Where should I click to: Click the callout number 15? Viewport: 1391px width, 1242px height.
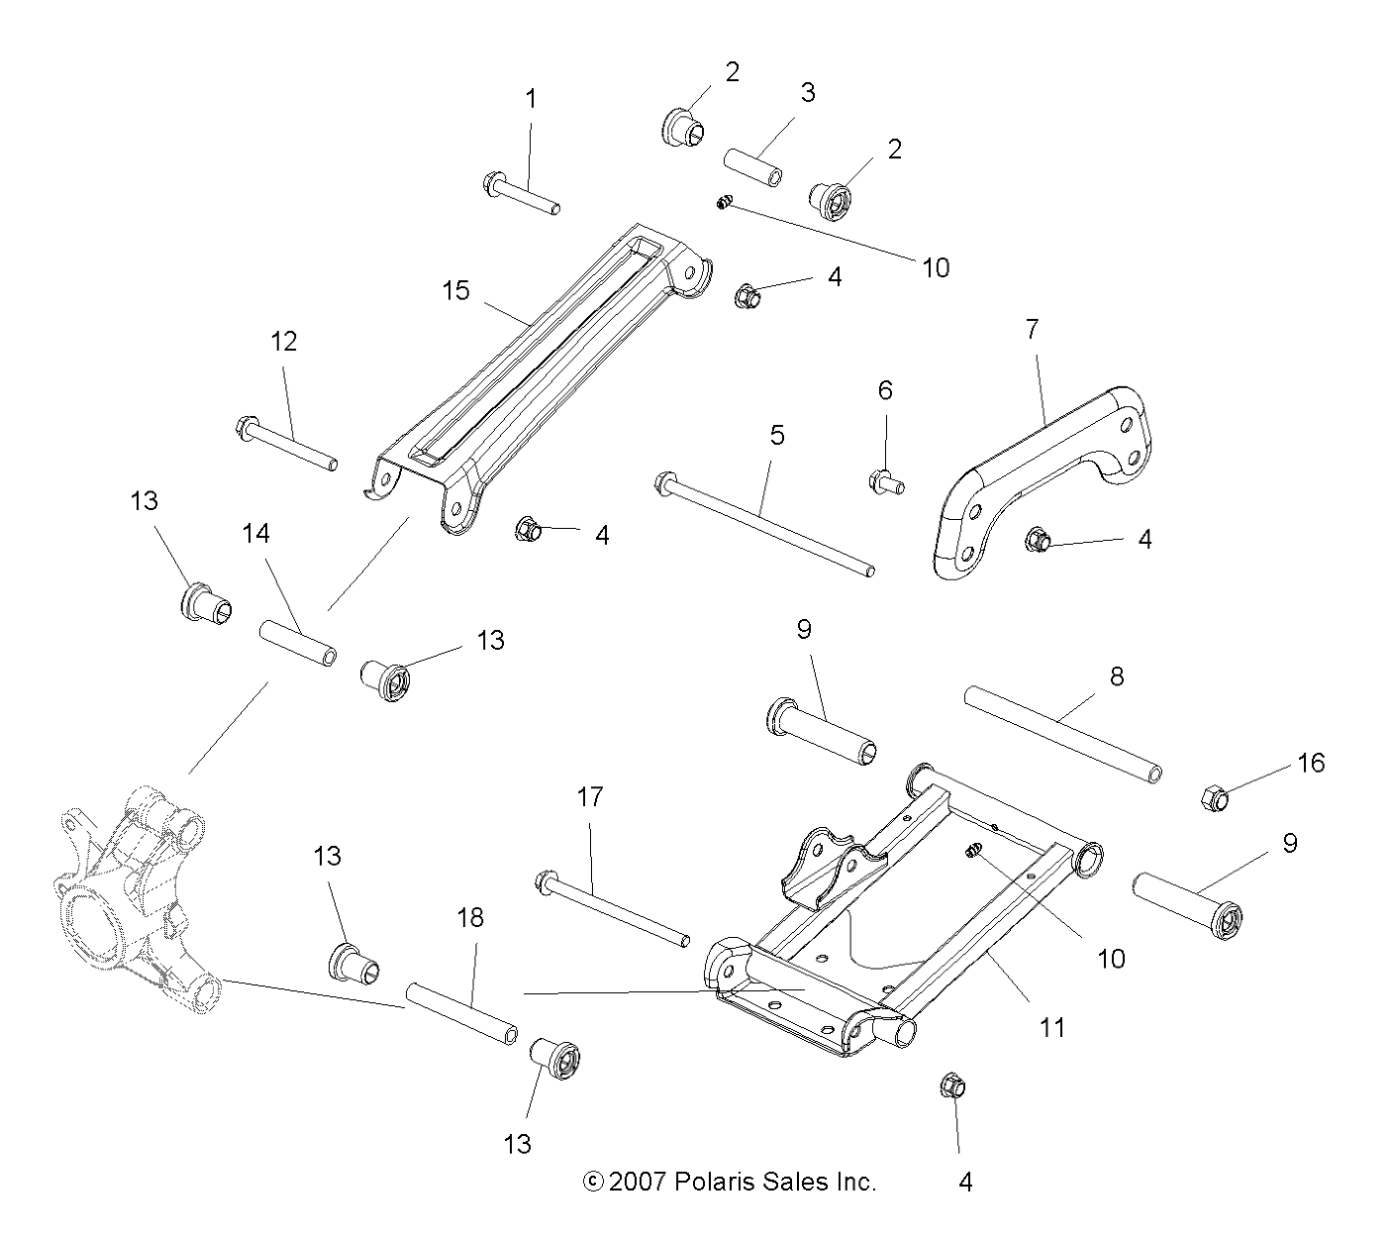(x=456, y=291)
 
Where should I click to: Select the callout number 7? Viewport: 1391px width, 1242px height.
(x=1032, y=330)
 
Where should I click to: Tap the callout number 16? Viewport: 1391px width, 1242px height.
(x=1311, y=763)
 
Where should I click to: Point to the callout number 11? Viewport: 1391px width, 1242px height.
(x=1051, y=1028)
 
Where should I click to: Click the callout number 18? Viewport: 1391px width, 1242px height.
(x=470, y=918)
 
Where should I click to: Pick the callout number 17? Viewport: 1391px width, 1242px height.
(x=590, y=797)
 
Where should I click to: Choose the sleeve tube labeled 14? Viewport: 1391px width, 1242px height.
(x=297, y=642)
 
